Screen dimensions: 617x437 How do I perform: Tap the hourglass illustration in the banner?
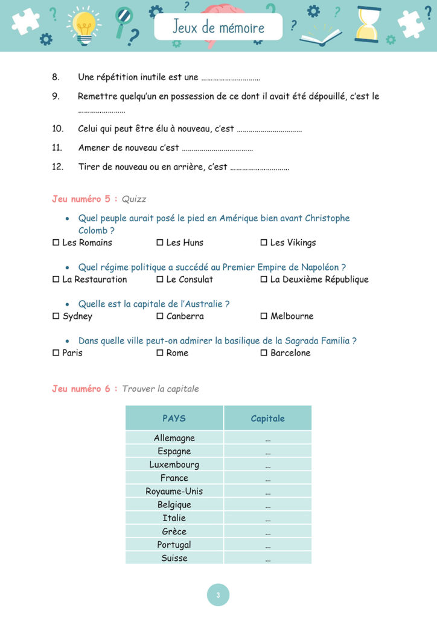368,24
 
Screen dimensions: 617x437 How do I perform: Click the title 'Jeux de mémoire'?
218,27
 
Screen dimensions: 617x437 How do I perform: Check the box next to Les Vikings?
264,243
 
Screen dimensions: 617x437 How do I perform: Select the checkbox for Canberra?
160,316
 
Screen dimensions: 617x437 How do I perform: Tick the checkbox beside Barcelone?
264,353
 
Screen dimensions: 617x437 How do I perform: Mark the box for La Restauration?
56,280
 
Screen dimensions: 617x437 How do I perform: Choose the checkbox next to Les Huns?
160,243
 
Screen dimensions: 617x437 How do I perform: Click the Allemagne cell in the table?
174,438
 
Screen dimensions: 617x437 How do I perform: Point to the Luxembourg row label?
174,465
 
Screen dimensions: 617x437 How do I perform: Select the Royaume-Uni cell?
174,491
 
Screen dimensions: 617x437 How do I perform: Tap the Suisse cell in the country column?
174,558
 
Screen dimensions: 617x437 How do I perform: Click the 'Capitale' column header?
267,418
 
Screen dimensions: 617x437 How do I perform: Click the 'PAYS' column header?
174,418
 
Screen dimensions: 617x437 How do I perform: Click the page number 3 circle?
218,595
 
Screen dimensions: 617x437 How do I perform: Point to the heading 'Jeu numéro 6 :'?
85,389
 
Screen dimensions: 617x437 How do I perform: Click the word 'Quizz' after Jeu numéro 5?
134,199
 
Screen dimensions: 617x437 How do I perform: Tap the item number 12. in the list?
58,167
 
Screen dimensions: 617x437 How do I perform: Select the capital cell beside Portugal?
267,545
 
